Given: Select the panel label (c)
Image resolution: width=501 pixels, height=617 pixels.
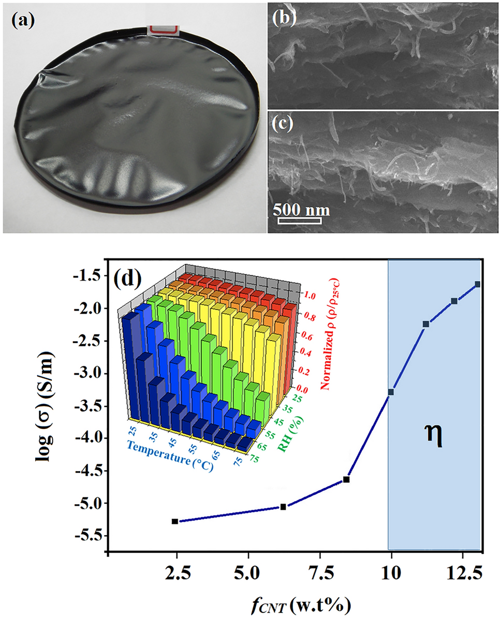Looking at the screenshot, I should pyautogui.click(x=284, y=125).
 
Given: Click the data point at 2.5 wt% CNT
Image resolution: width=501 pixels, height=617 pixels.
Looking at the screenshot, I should pyautogui.click(x=175, y=521).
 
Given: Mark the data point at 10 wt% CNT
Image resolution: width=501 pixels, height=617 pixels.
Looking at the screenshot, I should pyautogui.click(x=391, y=392).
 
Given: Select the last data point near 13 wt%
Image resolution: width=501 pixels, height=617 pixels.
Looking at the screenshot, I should pyautogui.click(x=477, y=284).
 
